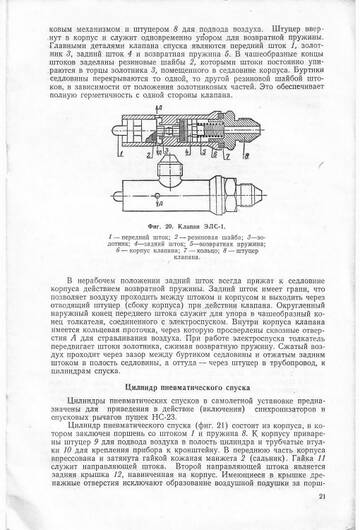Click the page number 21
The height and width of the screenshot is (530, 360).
[335, 496]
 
